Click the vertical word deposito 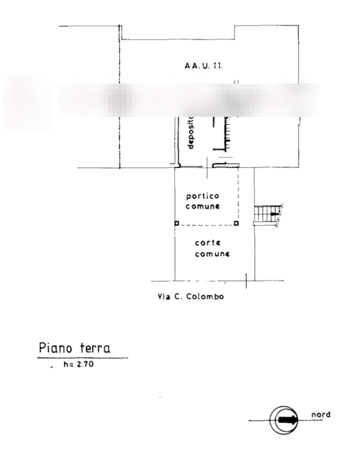(x=190, y=133)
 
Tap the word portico (x=202, y=195)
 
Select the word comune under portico (x=203, y=207)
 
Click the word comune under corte (x=212, y=254)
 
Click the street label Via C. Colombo (x=191, y=297)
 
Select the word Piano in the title (x=55, y=348)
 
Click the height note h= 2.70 (x=78, y=365)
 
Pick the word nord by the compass (x=321, y=414)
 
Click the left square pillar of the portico (x=176, y=223)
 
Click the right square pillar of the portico (x=236, y=223)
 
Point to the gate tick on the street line (x=246, y=281)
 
